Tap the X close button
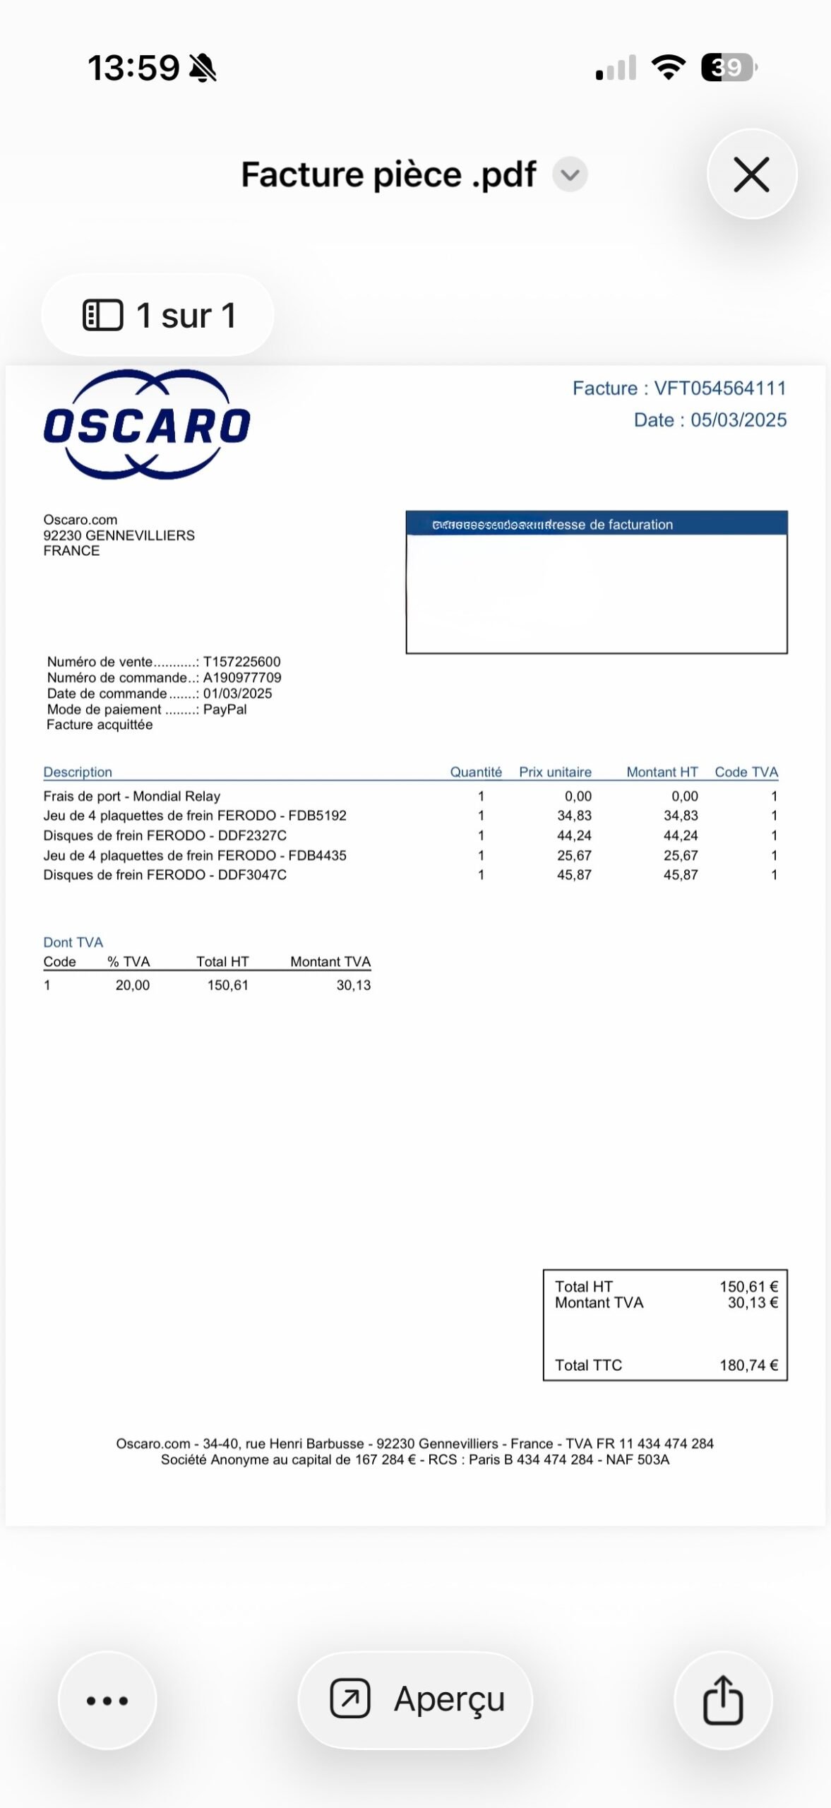coord(751,174)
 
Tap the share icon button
coord(723,1700)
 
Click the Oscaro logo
coord(147,425)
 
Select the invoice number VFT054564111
coord(719,388)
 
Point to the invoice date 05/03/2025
coord(738,420)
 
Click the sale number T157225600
coord(241,662)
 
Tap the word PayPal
coord(225,709)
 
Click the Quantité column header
coord(476,772)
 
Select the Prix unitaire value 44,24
coord(574,835)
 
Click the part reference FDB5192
coord(317,816)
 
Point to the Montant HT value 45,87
coord(681,875)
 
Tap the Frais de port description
coord(132,796)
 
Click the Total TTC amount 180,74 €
coord(748,1365)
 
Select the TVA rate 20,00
coord(132,985)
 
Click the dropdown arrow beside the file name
coord(570,174)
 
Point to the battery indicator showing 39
coord(727,68)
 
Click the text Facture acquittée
coord(100,725)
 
